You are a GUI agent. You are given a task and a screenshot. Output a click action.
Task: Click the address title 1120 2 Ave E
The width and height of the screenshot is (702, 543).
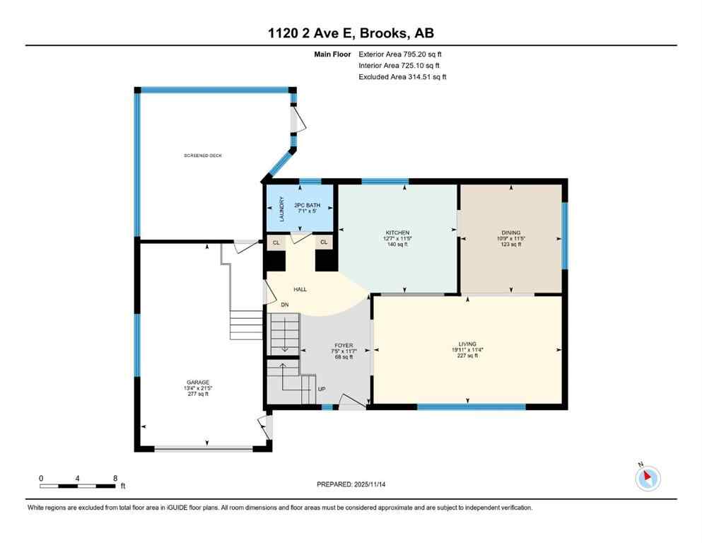pyautogui.click(x=351, y=33)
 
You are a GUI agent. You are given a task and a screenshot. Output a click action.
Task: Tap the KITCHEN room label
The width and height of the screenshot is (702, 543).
pyautogui.click(x=397, y=233)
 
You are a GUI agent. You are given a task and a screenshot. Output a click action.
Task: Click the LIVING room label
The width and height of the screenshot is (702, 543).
pyautogui.click(x=467, y=344)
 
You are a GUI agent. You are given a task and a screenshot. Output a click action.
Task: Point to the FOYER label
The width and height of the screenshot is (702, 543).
pyautogui.click(x=344, y=346)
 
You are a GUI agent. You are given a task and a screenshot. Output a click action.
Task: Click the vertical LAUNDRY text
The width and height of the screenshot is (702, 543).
pyautogui.click(x=281, y=209)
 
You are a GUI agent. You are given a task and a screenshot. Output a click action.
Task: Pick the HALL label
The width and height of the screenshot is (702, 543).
pyautogui.click(x=300, y=289)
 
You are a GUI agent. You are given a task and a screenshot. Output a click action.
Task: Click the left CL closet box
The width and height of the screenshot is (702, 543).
pyautogui.click(x=276, y=243)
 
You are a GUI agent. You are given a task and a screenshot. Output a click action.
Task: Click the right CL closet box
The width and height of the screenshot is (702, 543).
pyautogui.click(x=324, y=243)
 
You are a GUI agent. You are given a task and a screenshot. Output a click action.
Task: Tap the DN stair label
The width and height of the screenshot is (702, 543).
pyautogui.click(x=285, y=305)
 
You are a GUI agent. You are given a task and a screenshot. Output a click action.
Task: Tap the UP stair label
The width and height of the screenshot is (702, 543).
pyautogui.click(x=322, y=389)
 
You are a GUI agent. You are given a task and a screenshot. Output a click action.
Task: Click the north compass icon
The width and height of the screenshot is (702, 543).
pyautogui.click(x=648, y=478)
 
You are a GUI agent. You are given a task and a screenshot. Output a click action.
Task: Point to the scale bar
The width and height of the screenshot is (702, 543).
pyautogui.click(x=78, y=486)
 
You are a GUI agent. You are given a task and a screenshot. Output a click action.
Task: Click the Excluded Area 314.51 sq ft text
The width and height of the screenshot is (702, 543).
pyautogui.click(x=402, y=76)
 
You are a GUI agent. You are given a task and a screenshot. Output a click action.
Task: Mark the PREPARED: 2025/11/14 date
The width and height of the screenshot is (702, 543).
pyautogui.click(x=351, y=484)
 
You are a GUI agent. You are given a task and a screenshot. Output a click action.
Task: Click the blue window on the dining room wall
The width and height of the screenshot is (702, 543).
pyautogui.click(x=564, y=236)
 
